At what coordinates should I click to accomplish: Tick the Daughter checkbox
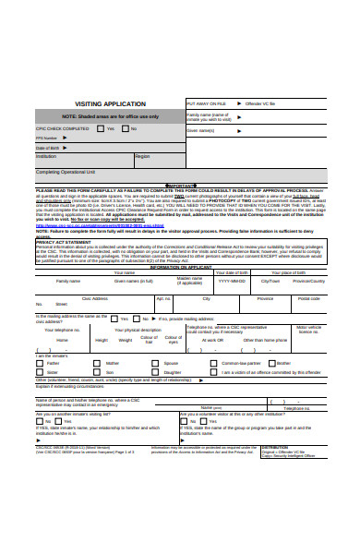(157, 372)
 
